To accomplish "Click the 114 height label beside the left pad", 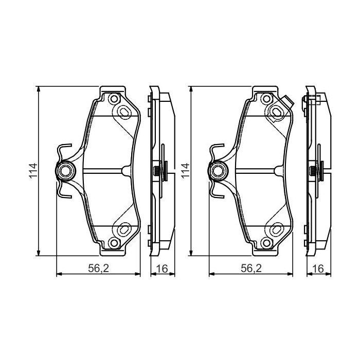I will point(32,170).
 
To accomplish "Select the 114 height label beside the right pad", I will point(186,170).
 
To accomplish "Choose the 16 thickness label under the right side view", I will point(317,268).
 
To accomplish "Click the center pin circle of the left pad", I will point(65,170).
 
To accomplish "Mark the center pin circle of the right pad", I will point(218,170).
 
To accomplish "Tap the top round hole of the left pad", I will point(114,99).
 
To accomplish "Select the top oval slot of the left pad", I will point(124,112).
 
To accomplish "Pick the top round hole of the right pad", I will point(266,99).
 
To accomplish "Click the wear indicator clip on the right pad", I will point(287,103).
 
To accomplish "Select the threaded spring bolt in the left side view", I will point(156,170).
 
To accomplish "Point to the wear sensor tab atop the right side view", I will point(315,99).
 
